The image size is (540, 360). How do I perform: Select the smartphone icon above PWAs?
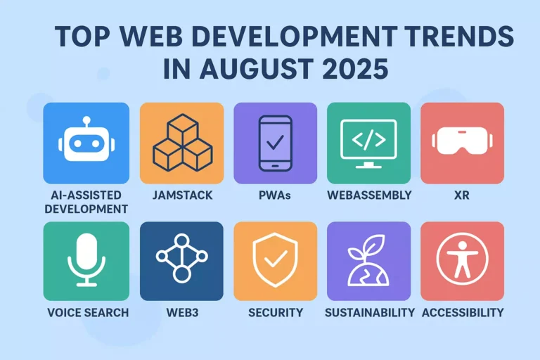[x=275, y=143]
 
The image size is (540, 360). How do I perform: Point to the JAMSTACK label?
[x=181, y=195]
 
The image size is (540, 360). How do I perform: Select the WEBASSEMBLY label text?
[x=368, y=195]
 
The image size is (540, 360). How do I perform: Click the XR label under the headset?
[x=462, y=195]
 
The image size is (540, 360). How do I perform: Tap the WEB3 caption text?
[x=181, y=312]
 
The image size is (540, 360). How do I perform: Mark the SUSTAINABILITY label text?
[x=368, y=312]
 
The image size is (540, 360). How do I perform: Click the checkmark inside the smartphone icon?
[x=275, y=142]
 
